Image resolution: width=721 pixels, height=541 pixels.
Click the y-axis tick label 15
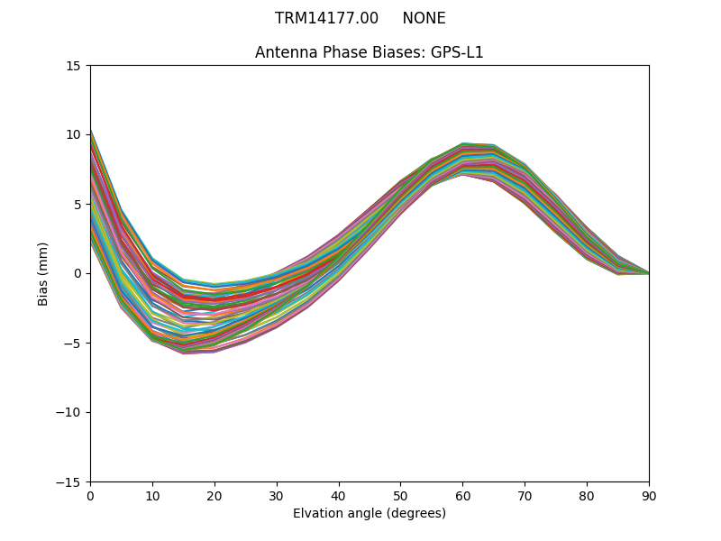73,66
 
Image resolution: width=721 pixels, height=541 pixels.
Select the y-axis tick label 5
77,205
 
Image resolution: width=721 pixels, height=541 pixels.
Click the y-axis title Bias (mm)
43,273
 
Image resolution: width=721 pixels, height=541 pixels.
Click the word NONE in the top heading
424,18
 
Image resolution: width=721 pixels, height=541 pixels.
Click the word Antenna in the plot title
283,52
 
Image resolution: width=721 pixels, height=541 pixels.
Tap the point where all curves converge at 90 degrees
648,273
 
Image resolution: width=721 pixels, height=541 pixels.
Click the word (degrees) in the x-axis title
414,513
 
